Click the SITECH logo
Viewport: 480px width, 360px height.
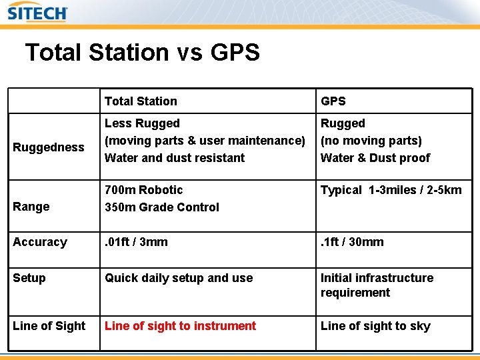[37, 13]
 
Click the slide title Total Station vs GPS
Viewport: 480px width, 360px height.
[142, 52]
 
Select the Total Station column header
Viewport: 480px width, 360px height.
[141, 101]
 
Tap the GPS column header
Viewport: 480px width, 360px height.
[333, 101]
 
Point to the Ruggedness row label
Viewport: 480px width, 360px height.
[49, 147]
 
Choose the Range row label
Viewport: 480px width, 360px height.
[31, 207]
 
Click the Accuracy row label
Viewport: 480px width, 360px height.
[40, 242]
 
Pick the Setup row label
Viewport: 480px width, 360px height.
[29, 278]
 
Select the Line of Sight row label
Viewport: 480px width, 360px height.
[49, 326]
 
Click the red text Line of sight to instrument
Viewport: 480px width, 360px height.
[180, 326]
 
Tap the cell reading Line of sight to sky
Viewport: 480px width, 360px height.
[375, 326]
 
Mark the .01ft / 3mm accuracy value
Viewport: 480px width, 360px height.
[136, 242]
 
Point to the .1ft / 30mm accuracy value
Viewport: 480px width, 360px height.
[352, 242]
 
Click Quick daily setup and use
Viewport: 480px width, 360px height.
[179, 278]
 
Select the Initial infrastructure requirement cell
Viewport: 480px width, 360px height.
[377, 285]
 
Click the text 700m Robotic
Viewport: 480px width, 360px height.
[143, 190]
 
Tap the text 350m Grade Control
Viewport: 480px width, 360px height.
[162, 207]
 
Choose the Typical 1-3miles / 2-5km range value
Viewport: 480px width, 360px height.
[391, 190]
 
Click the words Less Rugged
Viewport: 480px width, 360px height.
[142, 123]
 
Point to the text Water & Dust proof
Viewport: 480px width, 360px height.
[375, 158]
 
